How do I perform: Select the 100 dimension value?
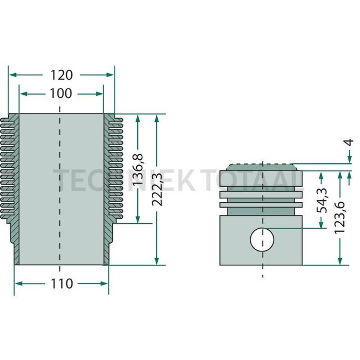[61, 94]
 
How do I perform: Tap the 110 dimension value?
[61, 284]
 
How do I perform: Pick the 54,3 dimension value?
[322, 200]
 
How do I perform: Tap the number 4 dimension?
[348, 142]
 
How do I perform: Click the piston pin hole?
[262, 239]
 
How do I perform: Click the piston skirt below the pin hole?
[262, 258]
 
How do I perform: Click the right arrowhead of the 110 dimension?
[105, 284]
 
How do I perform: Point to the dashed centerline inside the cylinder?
[60, 188]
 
